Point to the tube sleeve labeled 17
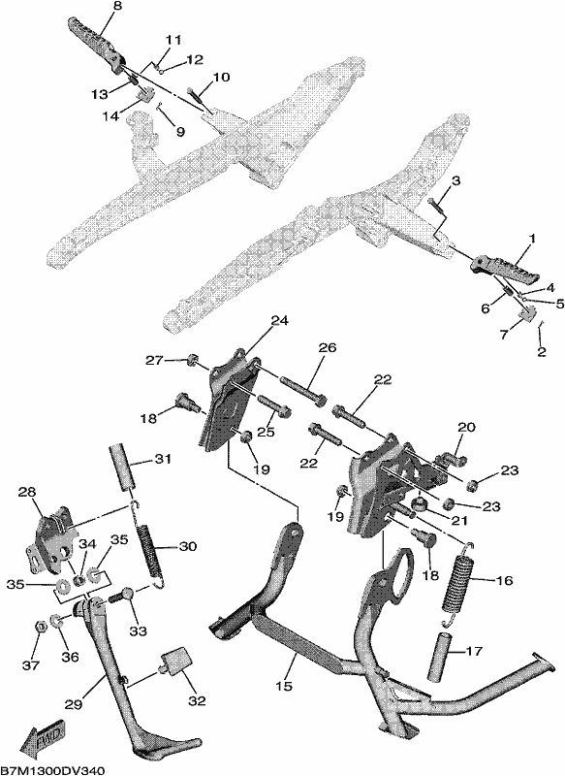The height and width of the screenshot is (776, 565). pyautogui.click(x=444, y=653)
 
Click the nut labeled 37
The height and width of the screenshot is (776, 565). pyautogui.click(x=42, y=627)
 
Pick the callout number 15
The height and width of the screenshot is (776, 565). pyautogui.click(x=285, y=686)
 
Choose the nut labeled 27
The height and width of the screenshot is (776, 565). pyautogui.click(x=192, y=359)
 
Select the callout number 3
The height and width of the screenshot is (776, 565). pyautogui.click(x=455, y=181)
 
